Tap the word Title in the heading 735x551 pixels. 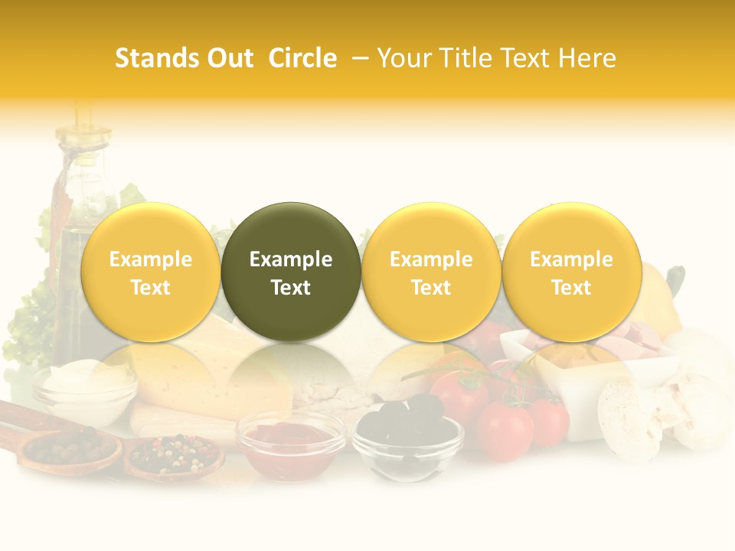(x=459, y=58)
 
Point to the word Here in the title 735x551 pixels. (x=586, y=58)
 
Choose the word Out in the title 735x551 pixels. (x=228, y=58)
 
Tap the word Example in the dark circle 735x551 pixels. (x=291, y=259)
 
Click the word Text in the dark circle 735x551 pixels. (x=291, y=288)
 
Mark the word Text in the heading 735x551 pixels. (x=525, y=58)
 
